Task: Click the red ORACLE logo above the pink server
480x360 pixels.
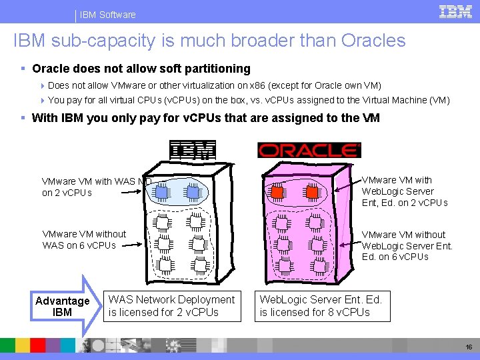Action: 309,150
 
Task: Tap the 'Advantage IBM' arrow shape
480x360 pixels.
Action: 63,307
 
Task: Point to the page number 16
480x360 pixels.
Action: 467,347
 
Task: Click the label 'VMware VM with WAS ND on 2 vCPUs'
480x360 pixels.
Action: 97,187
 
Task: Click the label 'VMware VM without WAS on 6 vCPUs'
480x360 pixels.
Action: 84,239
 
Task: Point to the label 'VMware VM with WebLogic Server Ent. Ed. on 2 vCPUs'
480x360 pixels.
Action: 405,191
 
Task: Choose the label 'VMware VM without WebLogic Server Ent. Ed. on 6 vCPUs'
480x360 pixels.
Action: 407,245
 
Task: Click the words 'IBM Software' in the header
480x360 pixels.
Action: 107,15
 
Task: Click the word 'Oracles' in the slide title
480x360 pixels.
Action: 373,41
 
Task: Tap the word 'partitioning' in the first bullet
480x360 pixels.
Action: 219,69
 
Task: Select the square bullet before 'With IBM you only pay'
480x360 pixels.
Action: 24,118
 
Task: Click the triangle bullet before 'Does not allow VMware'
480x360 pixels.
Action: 43,85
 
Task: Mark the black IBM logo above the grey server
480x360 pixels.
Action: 193,150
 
